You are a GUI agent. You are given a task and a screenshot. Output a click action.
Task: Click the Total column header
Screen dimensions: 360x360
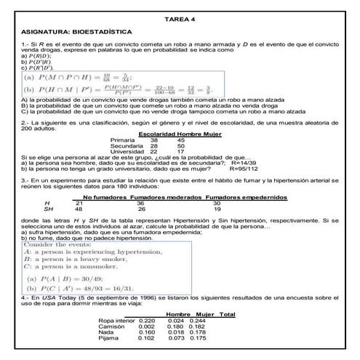pyautogui.click(x=227, y=314)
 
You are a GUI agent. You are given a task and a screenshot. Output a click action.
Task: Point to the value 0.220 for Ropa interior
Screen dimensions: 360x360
pyautogui.click(x=147, y=321)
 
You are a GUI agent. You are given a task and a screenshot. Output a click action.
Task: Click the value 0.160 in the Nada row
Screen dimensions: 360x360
pyautogui.click(x=147, y=332)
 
